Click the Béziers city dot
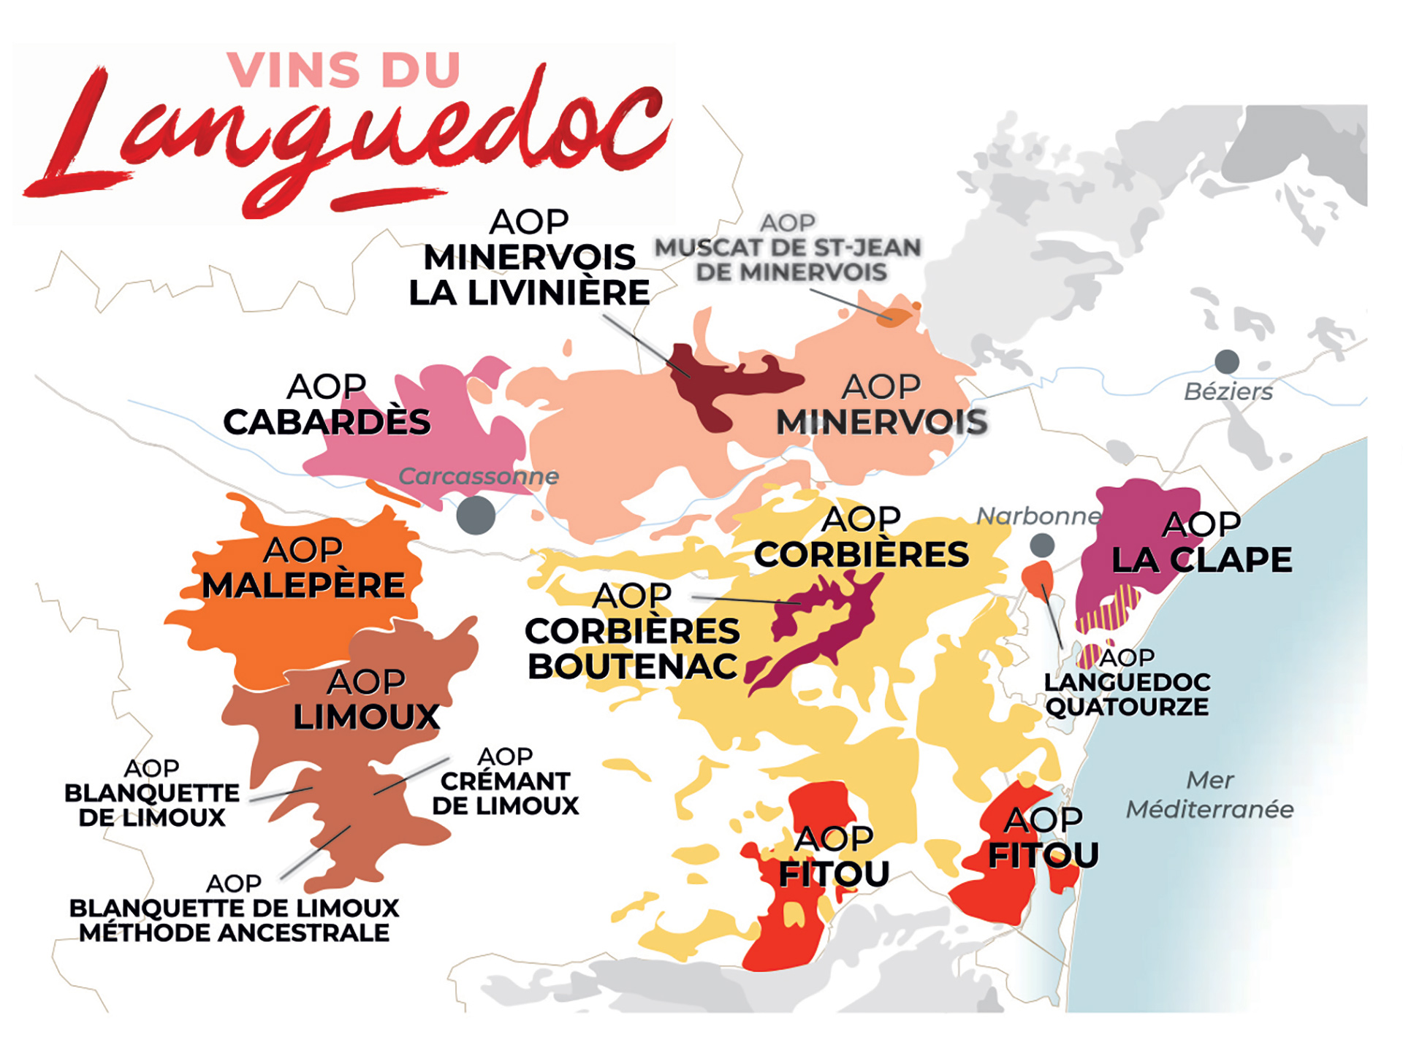click(1227, 361)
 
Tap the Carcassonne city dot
click(476, 515)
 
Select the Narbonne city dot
click(1042, 545)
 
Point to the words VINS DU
click(343, 71)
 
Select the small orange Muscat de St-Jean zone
click(894, 317)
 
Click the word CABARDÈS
click(327, 422)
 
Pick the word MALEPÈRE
click(303, 586)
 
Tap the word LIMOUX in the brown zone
click(366, 717)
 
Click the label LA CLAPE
click(1201, 560)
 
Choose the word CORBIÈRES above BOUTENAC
click(632, 632)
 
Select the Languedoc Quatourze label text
click(1127, 694)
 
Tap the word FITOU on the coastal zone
click(1043, 855)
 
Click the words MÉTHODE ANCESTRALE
click(234, 933)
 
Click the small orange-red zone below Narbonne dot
click(1038, 577)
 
